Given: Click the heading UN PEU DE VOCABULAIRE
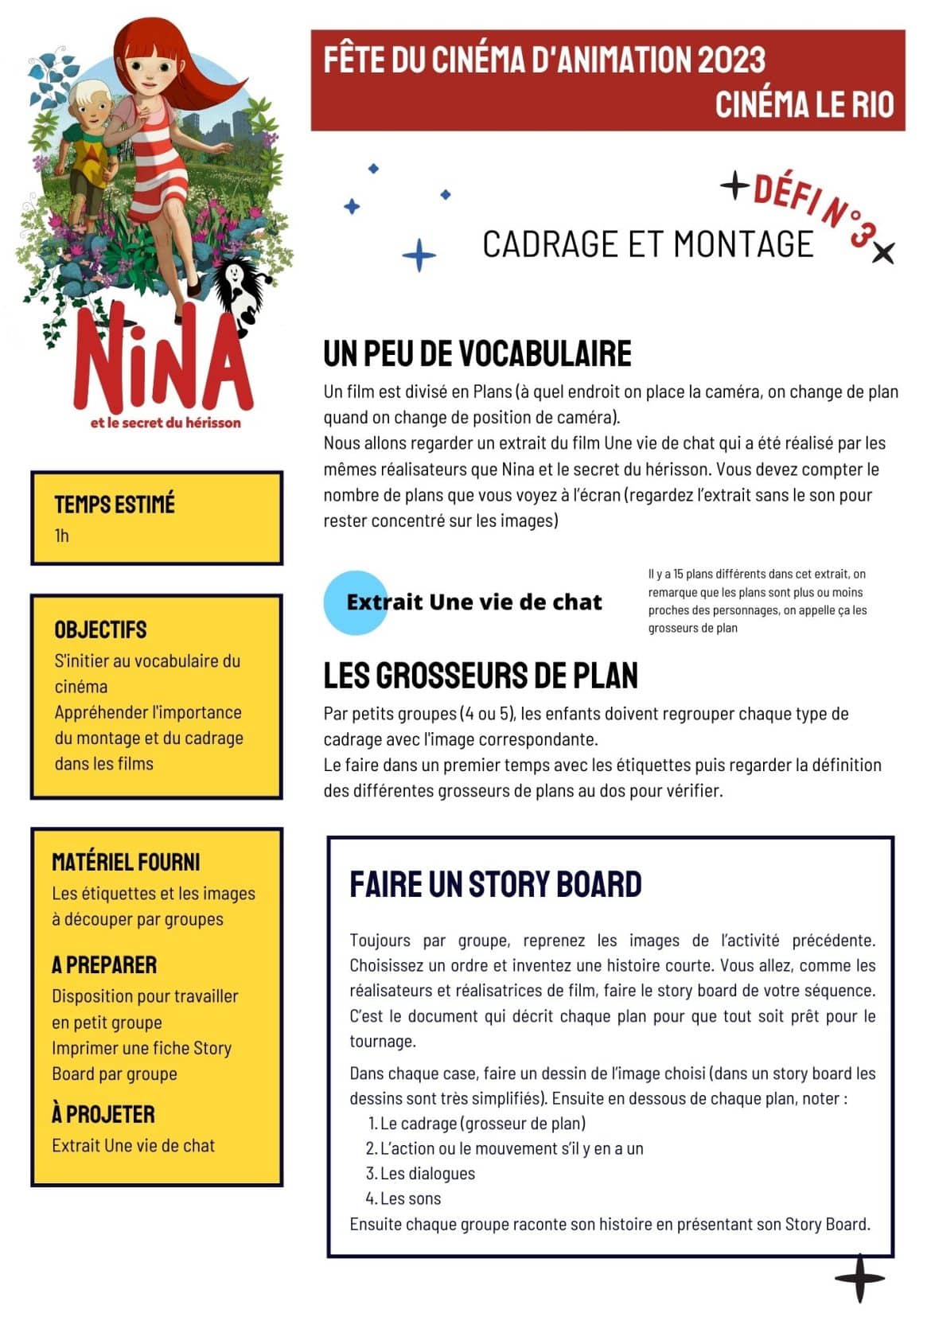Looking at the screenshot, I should coord(477,354).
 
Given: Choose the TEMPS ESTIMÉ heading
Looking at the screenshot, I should coord(115,504).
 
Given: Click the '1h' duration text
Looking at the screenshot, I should coord(62,536).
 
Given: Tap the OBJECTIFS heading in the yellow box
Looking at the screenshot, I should coord(100,629).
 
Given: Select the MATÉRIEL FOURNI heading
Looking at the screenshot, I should coord(126,862).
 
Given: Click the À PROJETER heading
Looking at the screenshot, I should coord(103,1113).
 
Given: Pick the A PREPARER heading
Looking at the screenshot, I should coord(104,964).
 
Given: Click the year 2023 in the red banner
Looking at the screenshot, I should coord(730,60).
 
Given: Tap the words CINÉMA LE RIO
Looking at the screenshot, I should coord(804,104).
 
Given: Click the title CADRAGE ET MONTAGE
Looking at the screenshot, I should coord(648,244).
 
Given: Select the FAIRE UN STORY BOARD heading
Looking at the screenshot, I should coord(495,884).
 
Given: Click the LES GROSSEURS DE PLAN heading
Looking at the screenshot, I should coord(480,676).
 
